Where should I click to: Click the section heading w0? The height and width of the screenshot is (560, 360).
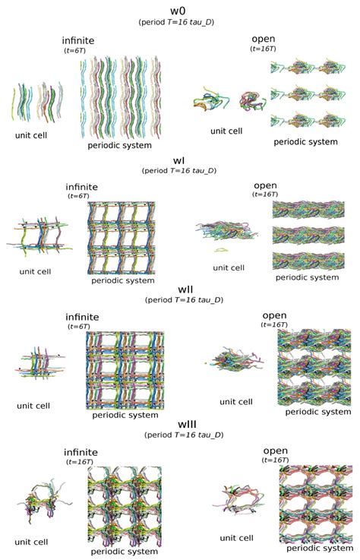click(178, 11)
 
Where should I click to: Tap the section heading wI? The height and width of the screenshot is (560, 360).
click(178, 161)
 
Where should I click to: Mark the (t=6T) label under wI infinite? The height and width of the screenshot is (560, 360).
click(78, 196)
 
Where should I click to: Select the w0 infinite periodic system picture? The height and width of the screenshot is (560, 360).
click(119, 97)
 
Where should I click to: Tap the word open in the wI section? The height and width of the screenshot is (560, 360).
click(265, 185)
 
